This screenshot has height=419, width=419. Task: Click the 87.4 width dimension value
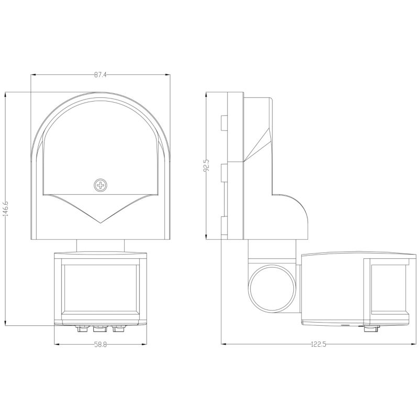click(x=100, y=75)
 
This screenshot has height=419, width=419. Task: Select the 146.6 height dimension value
click(x=6, y=208)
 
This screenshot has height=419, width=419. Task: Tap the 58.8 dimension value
click(x=100, y=345)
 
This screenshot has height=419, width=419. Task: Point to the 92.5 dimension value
click(x=206, y=166)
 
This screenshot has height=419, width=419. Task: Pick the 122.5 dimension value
click(x=318, y=344)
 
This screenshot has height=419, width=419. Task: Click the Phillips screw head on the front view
click(x=101, y=185)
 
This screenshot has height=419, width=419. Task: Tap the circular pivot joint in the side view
click(x=272, y=289)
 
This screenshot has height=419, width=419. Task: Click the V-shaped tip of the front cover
click(x=100, y=223)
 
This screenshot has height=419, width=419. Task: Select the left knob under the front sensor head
click(x=82, y=329)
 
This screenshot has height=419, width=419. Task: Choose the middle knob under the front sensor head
click(x=100, y=329)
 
